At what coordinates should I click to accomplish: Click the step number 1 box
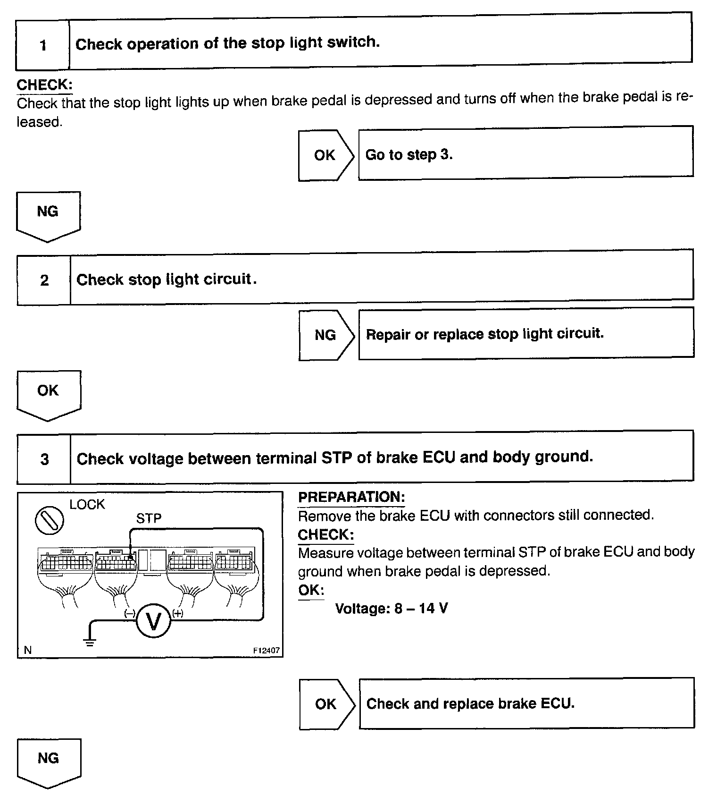pyautogui.click(x=43, y=45)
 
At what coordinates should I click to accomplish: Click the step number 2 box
pyautogui.click(x=44, y=280)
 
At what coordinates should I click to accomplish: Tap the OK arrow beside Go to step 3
pyautogui.click(x=325, y=155)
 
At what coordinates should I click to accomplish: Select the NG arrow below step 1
pyautogui.click(x=48, y=215)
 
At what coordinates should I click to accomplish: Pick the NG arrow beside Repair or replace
pyautogui.click(x=325, y=335)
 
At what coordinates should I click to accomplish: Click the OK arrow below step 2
pyautogui.click(x=49, y=394)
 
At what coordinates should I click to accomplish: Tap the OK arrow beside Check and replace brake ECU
pyautogui.click(x=326, y=704)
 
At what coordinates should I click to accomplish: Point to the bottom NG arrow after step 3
pyautogui.click(x=49, y=761)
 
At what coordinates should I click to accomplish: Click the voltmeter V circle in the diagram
pyautogui.click(x=153, y=622)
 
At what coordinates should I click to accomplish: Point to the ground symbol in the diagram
pyautogui.click(x=89, y=642)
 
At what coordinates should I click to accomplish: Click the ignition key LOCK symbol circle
pyautogui.click(x=50, y=520)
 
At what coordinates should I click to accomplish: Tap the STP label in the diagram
pyautogui.click(x=149, y=518)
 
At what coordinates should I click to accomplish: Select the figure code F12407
pyautogui.click(x=266, y=650)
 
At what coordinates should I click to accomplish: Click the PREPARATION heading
pyautogui.click(x=351, y=497)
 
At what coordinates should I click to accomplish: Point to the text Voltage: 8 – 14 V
pyautogui.click(x=391, y=608)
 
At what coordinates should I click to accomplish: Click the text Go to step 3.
pyautogui.click(x=409, y=155)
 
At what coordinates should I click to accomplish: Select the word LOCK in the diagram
pyautogui.click(x=87, y=504)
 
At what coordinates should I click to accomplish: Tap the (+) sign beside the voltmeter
pyautogui.click(x=178, y=613)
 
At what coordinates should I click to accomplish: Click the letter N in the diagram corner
pyautogui.click(x=28, y=650)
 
